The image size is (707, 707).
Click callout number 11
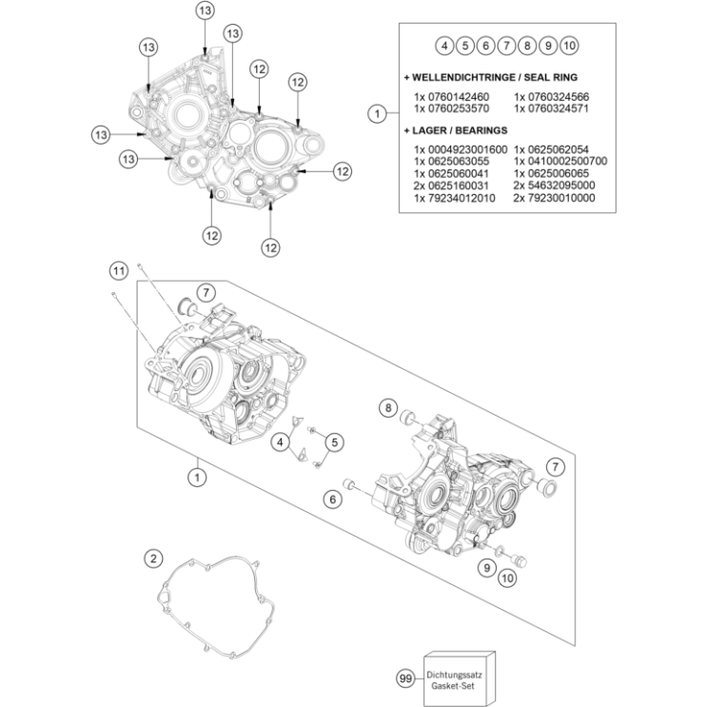(x=117, y=273)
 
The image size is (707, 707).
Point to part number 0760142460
(x=451, y=97)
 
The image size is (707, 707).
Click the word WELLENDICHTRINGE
(x=462, y=76)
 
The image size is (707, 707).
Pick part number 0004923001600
(x=461, y=150)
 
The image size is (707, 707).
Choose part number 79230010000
(x=554, y=198)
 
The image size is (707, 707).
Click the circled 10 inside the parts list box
(x=569, y=45)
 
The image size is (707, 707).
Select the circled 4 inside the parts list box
(x=443, y=45)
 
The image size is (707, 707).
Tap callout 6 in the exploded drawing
(x=332, y=498)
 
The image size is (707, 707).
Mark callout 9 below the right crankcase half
(x=485, y=567)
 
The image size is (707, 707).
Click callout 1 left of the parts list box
(x=378, y=113)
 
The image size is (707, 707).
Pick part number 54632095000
(x=554, y=186)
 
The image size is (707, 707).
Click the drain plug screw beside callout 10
(x=520, y=554)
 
